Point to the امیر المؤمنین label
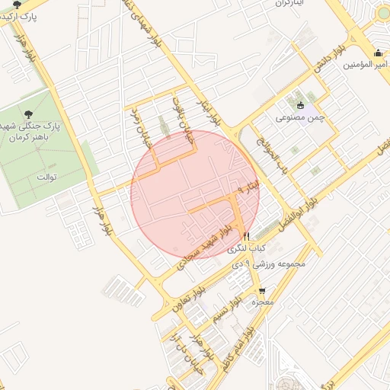(366, 64)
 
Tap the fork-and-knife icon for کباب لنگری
(245, 237)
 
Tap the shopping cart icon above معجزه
(263, 290)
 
